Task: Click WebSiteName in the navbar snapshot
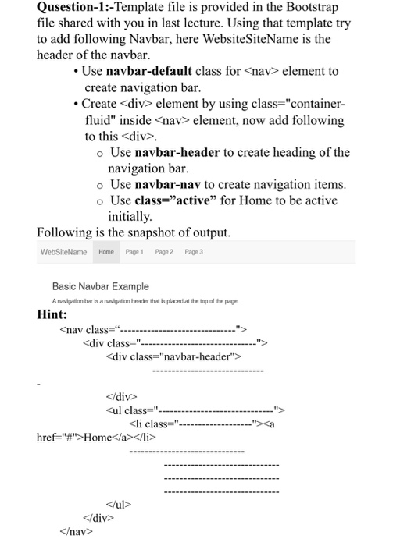[x=63, y=252]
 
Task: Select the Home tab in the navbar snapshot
[x=106, y=252]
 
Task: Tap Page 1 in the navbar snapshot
[x=134, y=252]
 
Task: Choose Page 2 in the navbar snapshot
[x=163, y=252]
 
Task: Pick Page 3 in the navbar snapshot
[x=193, y=252]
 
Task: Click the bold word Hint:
[x=54, y=314]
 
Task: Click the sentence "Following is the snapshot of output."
[x=134, y=232]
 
